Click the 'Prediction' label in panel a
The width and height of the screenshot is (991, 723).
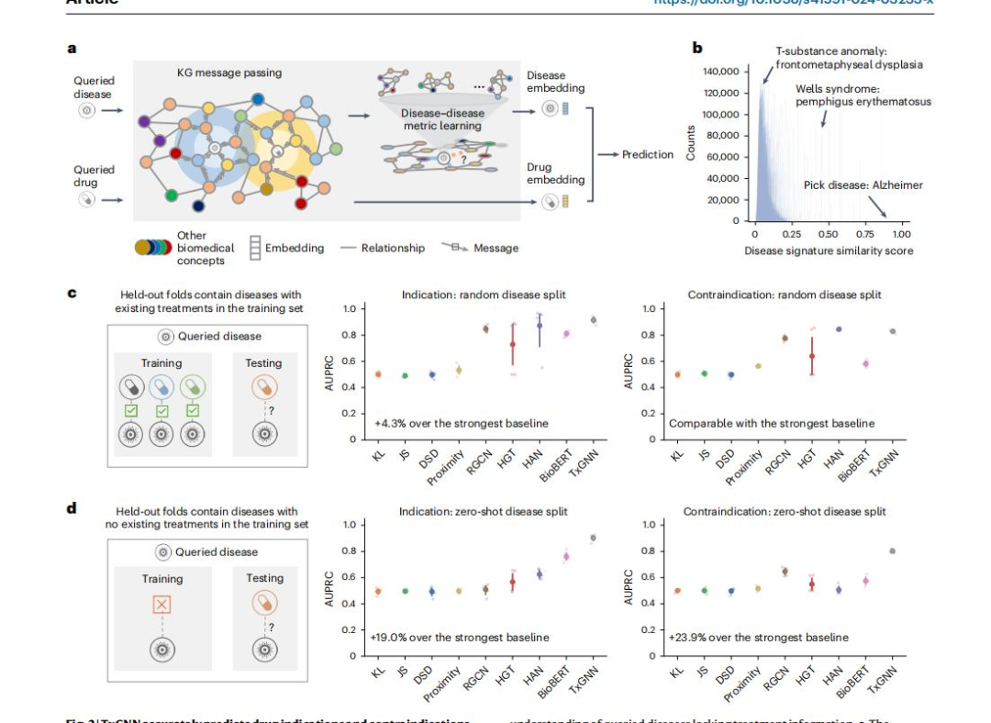pyautogui.click(x=648, y=154)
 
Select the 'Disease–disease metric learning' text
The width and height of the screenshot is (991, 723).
pyautogui.click(x=442, y=119)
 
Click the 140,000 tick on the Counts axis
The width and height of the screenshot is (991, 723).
pyautogui.click(x=720, y=72)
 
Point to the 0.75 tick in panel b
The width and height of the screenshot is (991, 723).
pyautogui.click(x=865, y=234)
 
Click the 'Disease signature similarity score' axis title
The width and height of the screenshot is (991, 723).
pyautogui.click(x=828, y=250)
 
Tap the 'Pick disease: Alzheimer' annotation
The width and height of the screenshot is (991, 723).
pyautogui.click(x=863, y=184)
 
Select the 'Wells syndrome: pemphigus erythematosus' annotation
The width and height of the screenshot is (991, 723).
pyautogui.click(x=863, y=95)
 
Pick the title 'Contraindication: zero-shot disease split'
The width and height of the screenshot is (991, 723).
pyautogui.click(x=785, y=511)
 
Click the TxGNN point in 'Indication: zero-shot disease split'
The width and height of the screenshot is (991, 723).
pyautogui.click(x=593, y=539)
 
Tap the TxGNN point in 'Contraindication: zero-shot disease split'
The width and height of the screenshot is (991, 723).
pyautogui.click(x=892, y=551)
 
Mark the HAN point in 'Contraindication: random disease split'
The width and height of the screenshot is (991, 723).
pyautogui.click(x=838, y=328)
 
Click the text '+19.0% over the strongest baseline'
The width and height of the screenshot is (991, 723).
pyautogui.click(x=460, y=637)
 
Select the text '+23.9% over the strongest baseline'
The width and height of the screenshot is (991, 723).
pyautogui.click(x=759, y=637)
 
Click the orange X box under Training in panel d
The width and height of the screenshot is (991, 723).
pyautogui.click(x=161, y=605)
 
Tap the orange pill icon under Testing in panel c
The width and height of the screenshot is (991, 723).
pyautogui.click(x=263, y=386)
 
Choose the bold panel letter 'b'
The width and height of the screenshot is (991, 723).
pyautogui.click(x=697, y=48)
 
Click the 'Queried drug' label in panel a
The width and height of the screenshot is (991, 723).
pyautogui.click(x=94, y=175)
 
